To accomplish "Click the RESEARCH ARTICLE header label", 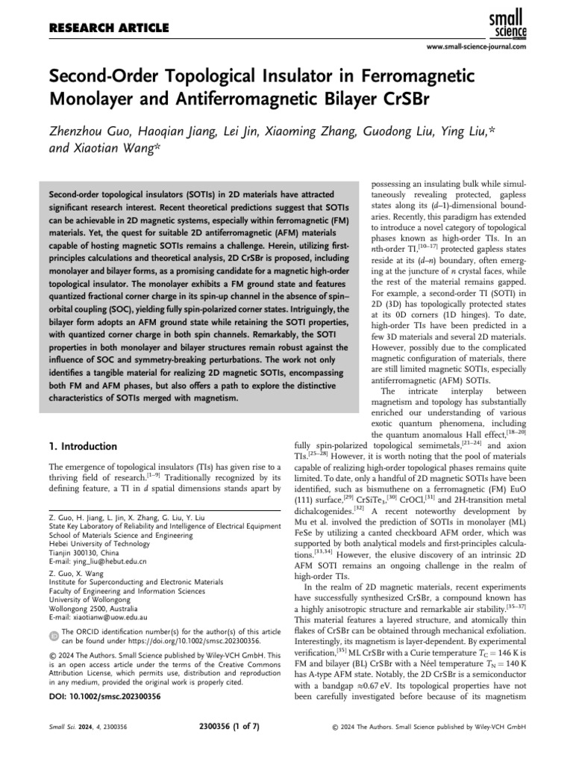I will (x=109, y=28).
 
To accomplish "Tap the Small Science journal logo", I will (x=508, y=23).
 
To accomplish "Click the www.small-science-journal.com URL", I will (x=476, y=47).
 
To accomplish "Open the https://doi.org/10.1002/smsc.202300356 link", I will (x=192, y=641).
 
